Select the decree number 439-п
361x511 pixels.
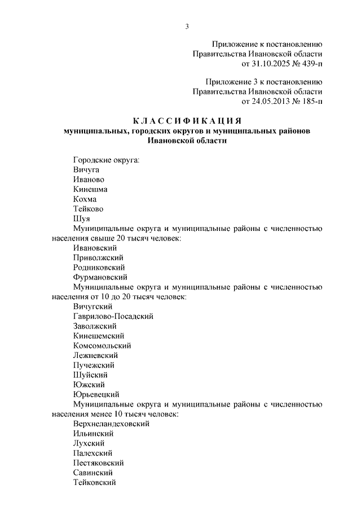coord(309,63)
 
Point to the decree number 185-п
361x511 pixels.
coord(309,102)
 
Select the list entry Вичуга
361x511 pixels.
coord(86,169)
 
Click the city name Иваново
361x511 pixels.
coord(88,180)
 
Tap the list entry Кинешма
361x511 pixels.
coord(90,189)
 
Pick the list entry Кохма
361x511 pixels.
coord(85,199)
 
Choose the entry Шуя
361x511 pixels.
coord(81,219)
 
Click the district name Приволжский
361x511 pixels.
coord(94,257)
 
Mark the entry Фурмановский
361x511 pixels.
coord(100,277)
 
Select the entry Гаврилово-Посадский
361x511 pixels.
coord(113,316)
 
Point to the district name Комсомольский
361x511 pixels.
coord(102,346)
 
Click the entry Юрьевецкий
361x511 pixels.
coord(96,394)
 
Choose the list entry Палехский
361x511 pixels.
coord(93,453)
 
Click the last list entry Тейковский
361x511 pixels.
coord(94,482)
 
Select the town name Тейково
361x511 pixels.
coord(88,208)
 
